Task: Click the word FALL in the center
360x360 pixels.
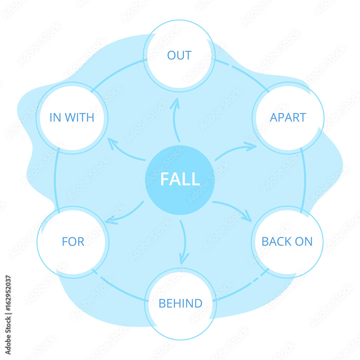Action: [x=180, y=179]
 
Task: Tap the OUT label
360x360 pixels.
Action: [x=179, y=55]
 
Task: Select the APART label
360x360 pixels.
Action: [x=288, y=117]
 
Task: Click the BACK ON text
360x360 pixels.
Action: [x=287, y=242]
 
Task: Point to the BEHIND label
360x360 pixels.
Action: [x=180, y=303]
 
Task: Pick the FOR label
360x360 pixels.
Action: [x=73, y=242]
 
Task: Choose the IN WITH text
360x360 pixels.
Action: [x=72, y=117]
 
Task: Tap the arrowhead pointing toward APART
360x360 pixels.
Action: [x=251, y=146]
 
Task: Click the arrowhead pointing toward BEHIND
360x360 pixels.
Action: [x=184, y=258]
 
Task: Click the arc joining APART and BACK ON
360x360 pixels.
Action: [x=305, y=179]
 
